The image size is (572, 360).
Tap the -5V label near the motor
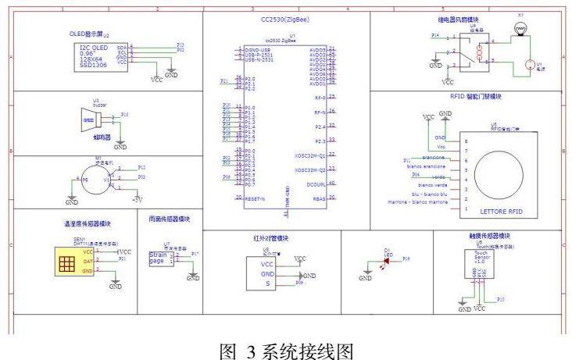(x=138, y=200)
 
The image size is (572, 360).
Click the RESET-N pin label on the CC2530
(x=255, y=198)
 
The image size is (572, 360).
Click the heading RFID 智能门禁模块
(x=475, y=97)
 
